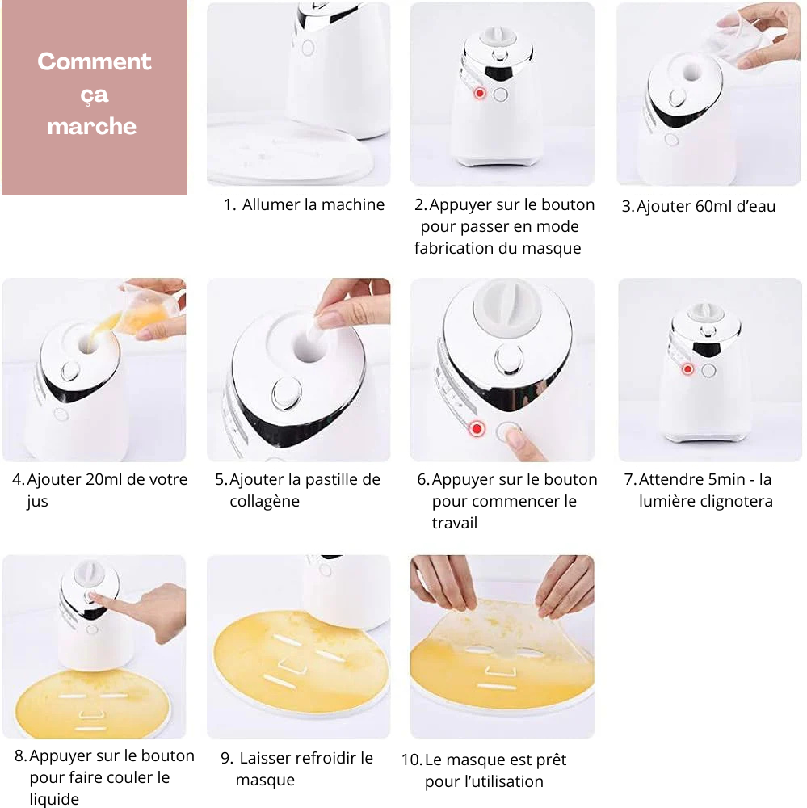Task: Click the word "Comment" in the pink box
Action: click(95, 61)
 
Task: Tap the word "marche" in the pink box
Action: click(92, 126)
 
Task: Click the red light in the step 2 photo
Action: click(480, 93)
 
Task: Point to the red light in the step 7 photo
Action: click(687, 369)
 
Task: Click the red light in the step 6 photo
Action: click(477, 429)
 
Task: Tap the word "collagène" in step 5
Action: click(264, 502)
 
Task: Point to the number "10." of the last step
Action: click(412, 760)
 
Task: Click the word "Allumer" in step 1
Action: click(271, 204)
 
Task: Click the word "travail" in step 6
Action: click(455, 523)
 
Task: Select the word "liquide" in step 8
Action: click(54, 799)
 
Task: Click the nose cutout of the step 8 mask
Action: click(92, 715)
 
